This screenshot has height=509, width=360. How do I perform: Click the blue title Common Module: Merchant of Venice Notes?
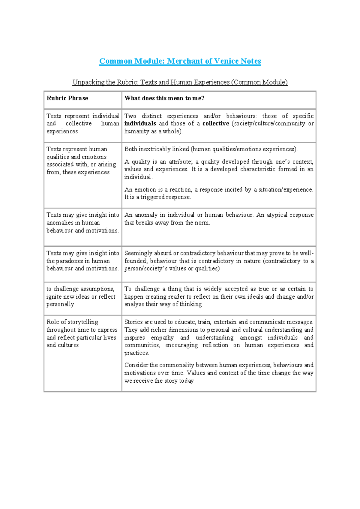click(x=180, y=61)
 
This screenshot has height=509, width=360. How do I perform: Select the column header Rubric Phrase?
click(x=67, y=98)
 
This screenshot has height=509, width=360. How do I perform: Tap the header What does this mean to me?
click(x=164, y=98)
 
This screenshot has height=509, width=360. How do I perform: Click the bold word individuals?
click(x=140, y=124)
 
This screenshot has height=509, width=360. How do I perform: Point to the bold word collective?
click(x=216, y=124)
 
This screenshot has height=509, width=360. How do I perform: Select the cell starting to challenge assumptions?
click(x=81, y=297)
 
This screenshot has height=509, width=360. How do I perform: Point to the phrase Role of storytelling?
click(x=72, y=322)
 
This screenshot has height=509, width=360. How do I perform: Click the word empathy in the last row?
click(x=162, y=338)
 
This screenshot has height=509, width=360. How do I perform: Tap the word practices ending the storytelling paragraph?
click(x=136, y=353)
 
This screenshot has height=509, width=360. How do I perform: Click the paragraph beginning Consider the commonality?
click(x=219, y=373)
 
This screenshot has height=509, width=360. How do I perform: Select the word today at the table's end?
click(x=186, y=381)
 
